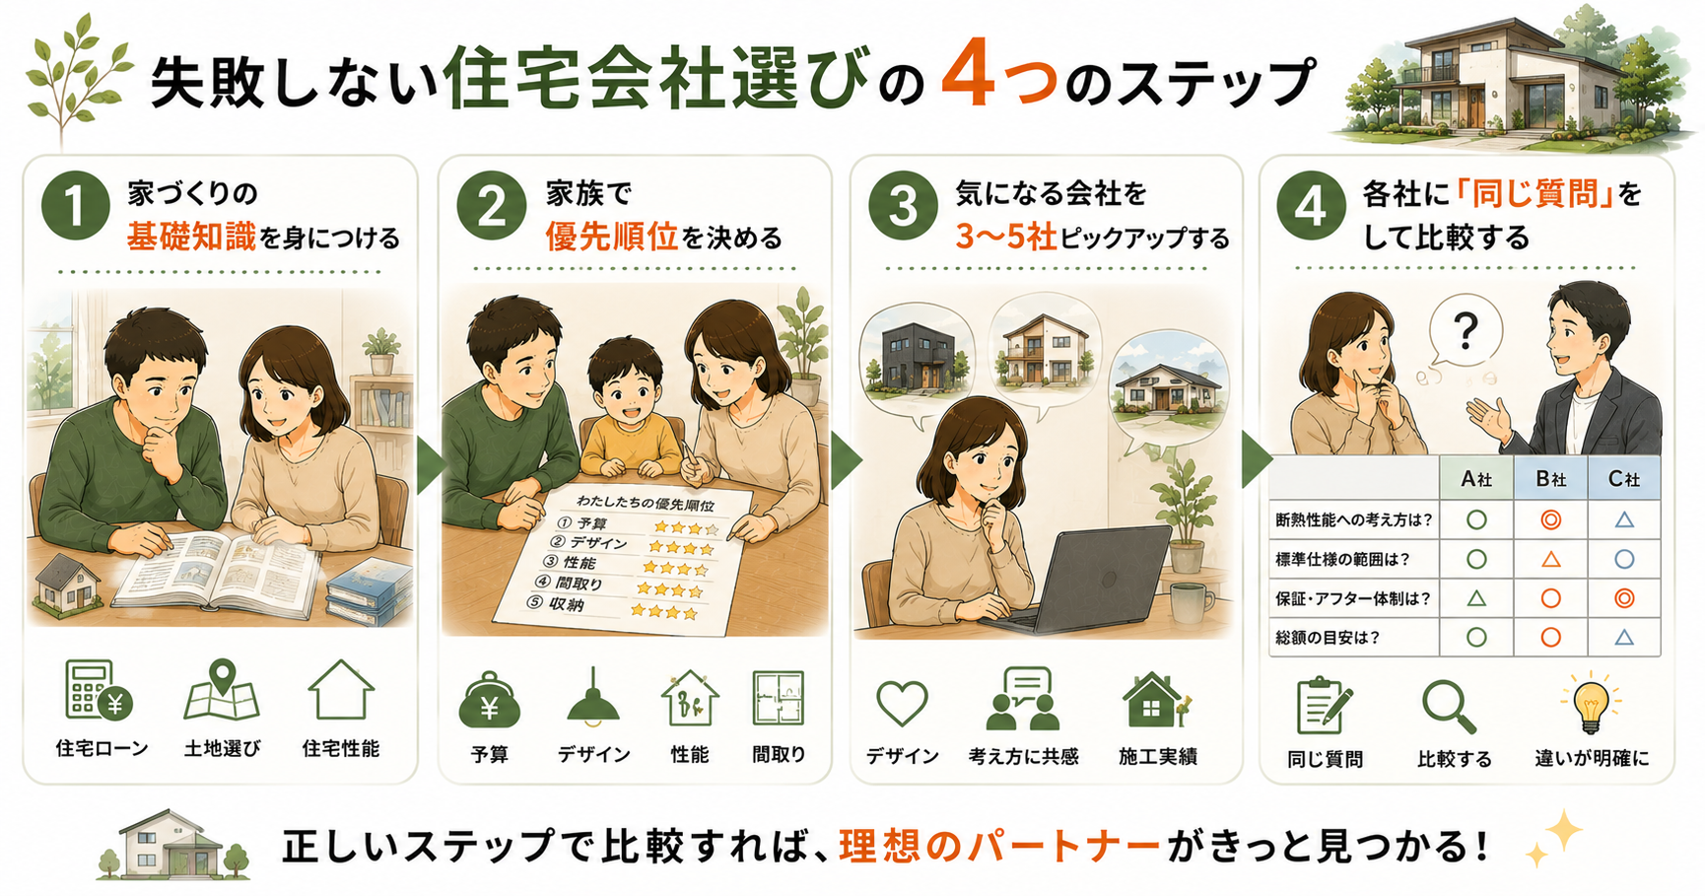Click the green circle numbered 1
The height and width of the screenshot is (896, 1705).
click(x=75, y=206)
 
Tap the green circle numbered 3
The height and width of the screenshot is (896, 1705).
click(x=903, y=206)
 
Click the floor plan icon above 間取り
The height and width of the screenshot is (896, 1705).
click(x=779, y=698)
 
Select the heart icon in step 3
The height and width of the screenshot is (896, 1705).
click(x=902, y=703)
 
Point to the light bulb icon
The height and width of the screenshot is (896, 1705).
click(x=1590, y=703)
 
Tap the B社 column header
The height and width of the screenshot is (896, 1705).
click(x=1551, y=479)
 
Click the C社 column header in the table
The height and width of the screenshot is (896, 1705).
click(x=1624, y=479)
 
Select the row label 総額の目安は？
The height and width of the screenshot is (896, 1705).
click(x=1328, y=638)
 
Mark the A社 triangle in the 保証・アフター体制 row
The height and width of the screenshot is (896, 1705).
click(x=1476, y=598)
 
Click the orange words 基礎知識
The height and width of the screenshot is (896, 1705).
click(x=191, y=238)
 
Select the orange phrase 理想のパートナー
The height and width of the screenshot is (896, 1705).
click(x=999, y=847)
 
